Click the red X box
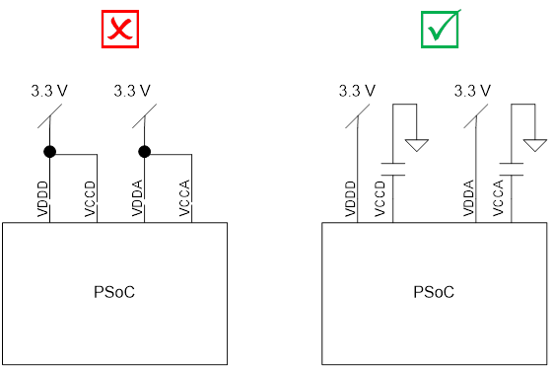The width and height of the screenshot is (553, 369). coord(119,29)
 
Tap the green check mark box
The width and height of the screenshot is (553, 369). coord(440,29)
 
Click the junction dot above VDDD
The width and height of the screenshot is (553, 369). coord(49,152)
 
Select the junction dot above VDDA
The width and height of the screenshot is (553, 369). coord(144,152)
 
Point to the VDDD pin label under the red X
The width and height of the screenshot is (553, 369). coord(42,200)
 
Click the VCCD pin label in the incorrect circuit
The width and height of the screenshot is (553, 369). coord(90,200)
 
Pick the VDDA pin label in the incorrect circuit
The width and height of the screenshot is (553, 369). coord(137,200)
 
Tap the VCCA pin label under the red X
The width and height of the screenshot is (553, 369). coord(184,200)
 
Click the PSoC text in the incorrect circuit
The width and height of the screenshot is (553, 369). coord(114,292)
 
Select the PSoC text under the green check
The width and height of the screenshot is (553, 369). coord(434,292)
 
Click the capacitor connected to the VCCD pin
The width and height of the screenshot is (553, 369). coord(393,168)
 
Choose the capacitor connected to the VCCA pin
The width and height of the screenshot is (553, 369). coord(511,168)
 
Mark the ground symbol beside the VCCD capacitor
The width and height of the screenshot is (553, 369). coord(418,145)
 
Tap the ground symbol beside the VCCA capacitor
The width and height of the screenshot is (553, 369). coord(535,145)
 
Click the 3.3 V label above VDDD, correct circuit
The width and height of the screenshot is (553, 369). coord(357,91)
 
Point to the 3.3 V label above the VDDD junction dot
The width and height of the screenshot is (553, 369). coord(48,91)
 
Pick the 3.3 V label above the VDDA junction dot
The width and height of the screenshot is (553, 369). coord(132,91)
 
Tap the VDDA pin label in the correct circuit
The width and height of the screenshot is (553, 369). coord(468,200)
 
